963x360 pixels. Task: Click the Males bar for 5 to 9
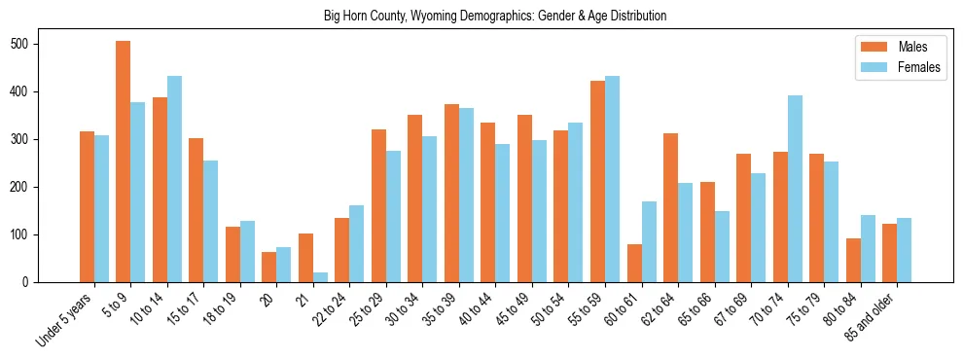tap(124, 162)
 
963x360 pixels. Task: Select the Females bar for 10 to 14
tap(174, 179)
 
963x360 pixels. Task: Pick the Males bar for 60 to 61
tap(634, 263)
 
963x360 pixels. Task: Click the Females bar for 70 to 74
tap(795, 189)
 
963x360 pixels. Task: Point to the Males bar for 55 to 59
tap(597, 181)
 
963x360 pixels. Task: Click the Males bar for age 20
tap(269, 267)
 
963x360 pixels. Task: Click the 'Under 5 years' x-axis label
tap(66, 317)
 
